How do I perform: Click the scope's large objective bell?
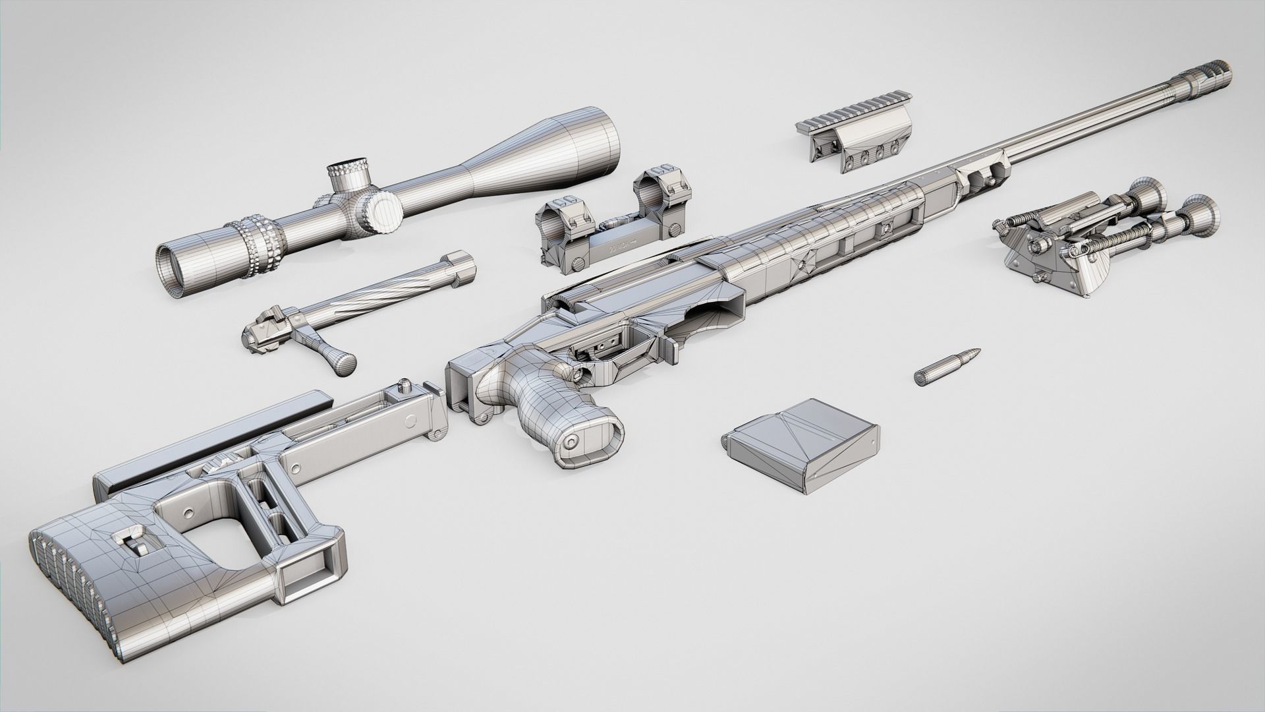580,142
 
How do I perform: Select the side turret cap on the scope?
383,211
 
